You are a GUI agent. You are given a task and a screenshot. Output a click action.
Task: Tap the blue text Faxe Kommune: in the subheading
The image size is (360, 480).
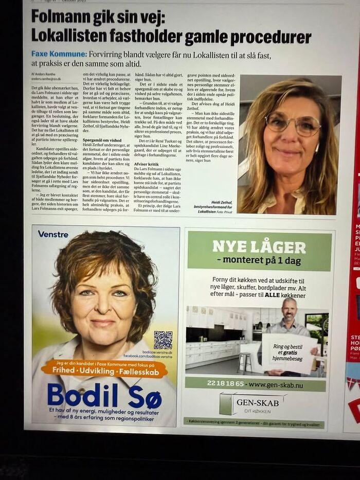pyautogui.click(x=59, y=54)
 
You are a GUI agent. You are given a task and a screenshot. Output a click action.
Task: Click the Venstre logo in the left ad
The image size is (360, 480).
pyautogui.click(x=53, y=234)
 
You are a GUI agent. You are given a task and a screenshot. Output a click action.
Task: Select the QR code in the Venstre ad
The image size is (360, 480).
pyautogui.click(x=163, y=341)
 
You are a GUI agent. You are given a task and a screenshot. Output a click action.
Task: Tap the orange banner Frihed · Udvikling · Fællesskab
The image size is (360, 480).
pyautogui.click(x=104, y=369)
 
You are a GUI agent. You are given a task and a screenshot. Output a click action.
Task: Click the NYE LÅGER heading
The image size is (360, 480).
pyautogui.click(x=259, y=246)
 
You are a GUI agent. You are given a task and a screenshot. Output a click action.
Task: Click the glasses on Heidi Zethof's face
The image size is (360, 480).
pyautogui.click(x=293, y=125)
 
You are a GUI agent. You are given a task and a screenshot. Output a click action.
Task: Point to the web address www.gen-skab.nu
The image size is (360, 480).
pyautogui.click(x=283, y=384)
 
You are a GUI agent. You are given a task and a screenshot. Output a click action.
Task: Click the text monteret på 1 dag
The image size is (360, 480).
pyautogui.click(x=259, y=261)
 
